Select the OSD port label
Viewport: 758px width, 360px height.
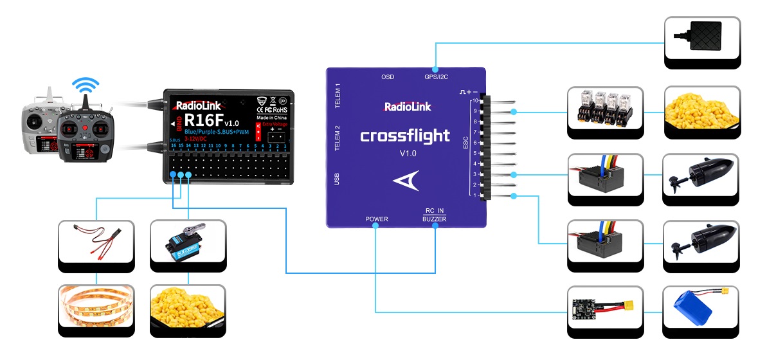coord(387,77)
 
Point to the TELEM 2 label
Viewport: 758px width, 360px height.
coord(338,138)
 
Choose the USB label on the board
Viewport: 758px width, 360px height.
coord(338,179)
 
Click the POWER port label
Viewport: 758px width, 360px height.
coord(377,219)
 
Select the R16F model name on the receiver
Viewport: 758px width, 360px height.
coord(203,120)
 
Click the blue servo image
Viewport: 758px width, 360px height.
coord(188,245)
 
